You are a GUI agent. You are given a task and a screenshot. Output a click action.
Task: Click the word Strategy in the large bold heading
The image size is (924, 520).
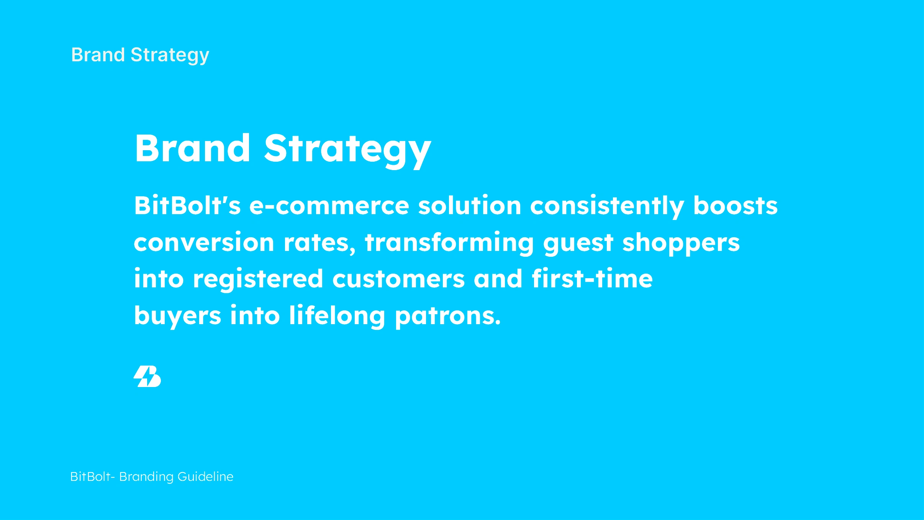348,151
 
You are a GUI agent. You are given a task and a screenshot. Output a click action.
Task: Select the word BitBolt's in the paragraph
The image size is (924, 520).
187,206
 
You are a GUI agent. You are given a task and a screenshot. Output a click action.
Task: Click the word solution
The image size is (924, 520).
470,206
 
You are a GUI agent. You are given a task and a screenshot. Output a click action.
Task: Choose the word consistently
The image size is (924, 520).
607,207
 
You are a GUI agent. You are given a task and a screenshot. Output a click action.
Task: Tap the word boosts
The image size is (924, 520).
736,206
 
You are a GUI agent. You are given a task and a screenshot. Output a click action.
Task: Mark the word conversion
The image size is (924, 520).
204,243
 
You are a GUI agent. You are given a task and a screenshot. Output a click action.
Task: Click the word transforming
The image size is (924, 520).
449,243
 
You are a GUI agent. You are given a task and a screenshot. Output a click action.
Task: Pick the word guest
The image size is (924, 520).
578,244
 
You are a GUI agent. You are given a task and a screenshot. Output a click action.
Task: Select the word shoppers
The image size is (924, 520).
681,244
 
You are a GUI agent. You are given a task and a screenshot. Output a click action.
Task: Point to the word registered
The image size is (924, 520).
258,280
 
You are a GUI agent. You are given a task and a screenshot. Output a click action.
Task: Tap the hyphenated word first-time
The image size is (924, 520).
592,279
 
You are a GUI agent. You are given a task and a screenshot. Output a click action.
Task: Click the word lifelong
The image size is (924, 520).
337,317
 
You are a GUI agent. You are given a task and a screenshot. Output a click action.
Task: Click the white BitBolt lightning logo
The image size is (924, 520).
147,376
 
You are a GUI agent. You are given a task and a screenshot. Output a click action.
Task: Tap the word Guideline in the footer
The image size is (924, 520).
205,477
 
